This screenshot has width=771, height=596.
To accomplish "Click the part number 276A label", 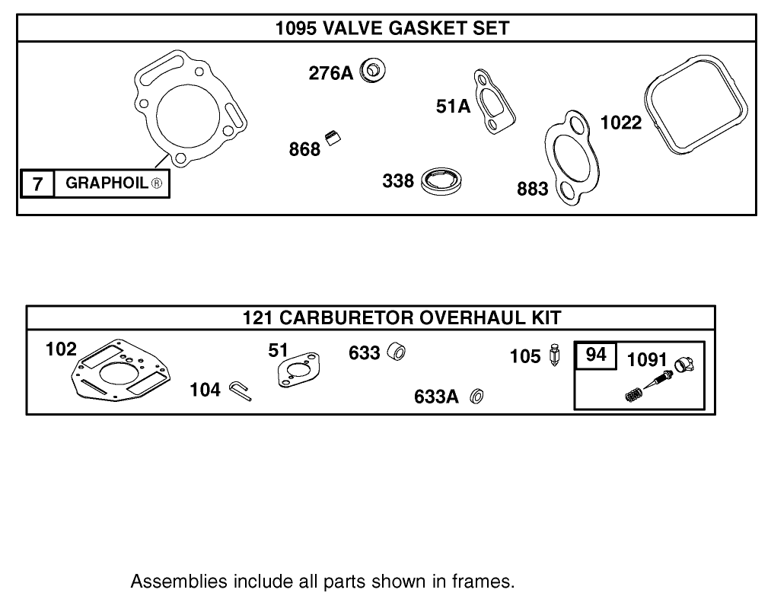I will pyautogui.click(x=330, y=73).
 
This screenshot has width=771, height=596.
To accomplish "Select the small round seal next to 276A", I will pyautogui.click(x=374, y=72).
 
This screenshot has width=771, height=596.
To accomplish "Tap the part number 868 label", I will pyautogui.click(x=304, y=149).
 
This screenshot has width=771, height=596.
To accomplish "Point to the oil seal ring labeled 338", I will pyautogui.click(x=444, y=181).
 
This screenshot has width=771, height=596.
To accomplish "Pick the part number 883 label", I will pyautogui.click(x=532, y=189).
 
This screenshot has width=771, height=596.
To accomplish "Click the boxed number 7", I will pyautogui.click(x=37, y=183).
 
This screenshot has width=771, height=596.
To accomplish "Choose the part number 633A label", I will pyautogui.click(x=436, y=397).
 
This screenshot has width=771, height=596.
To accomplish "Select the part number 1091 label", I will pyautogui.click(x=646, y=359).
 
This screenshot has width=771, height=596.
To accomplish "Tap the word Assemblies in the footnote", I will pyautogui.click(x=171, y=582).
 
